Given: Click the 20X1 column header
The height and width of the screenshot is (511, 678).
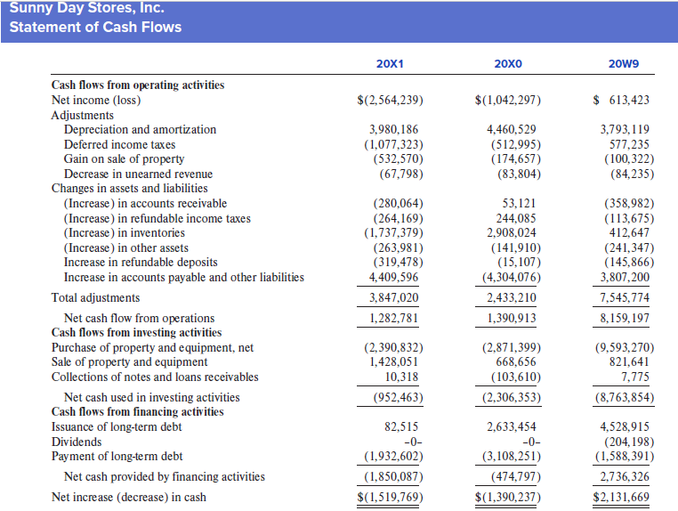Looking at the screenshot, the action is point(390,64).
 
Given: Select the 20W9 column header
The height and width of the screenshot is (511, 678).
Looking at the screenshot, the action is point(624,64).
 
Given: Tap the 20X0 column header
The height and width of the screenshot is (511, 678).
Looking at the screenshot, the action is point(508,64).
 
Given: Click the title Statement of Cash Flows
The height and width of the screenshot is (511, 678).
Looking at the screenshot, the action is point(95,27).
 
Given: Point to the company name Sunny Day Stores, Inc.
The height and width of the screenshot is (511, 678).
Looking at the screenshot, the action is point(87,7).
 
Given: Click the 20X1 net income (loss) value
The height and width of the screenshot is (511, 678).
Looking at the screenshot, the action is point(390,100).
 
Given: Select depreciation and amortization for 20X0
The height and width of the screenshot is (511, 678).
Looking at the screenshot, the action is point(511,129).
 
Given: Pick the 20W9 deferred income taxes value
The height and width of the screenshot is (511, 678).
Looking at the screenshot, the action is point(629,144).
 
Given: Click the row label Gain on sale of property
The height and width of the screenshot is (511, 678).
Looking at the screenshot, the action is point(124,159).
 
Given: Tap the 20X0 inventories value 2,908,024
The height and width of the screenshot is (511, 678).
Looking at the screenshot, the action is point(511,232).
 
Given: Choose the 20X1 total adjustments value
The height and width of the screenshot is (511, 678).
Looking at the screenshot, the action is point(393,297).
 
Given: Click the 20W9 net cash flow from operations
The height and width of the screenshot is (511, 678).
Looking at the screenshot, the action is point(625,318).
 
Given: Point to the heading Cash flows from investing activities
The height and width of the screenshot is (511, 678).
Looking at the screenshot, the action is point(137,332).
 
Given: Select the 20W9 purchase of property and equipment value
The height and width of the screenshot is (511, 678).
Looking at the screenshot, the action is point(625,347).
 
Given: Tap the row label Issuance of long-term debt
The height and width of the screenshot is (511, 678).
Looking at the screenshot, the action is point(117,426).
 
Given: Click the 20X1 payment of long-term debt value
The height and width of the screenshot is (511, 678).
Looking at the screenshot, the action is point(393,456).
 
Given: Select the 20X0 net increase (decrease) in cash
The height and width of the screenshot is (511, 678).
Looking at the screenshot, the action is point(508,497).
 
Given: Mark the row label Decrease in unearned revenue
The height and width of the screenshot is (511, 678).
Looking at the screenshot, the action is point(139,174).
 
